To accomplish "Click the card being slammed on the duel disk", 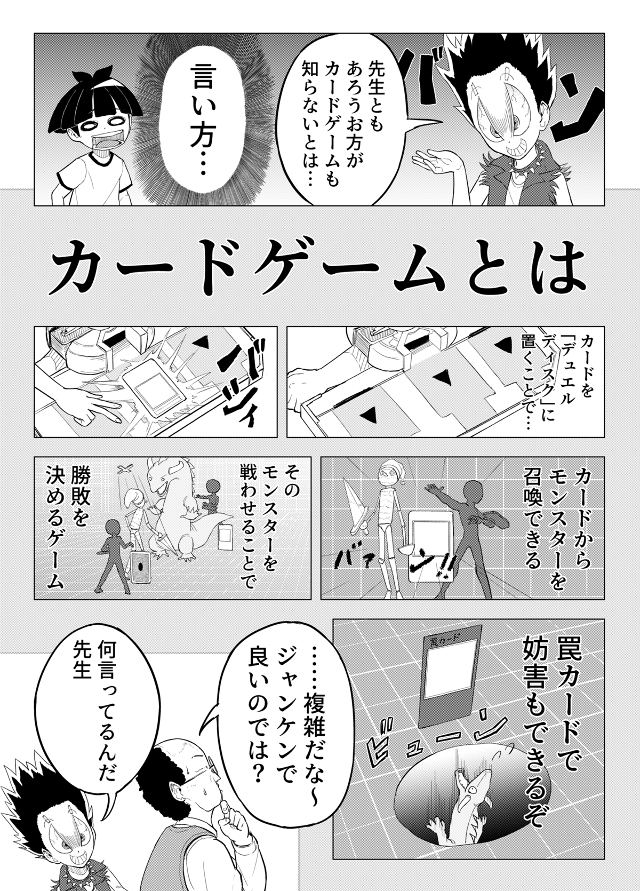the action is (x=154, y=384).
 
